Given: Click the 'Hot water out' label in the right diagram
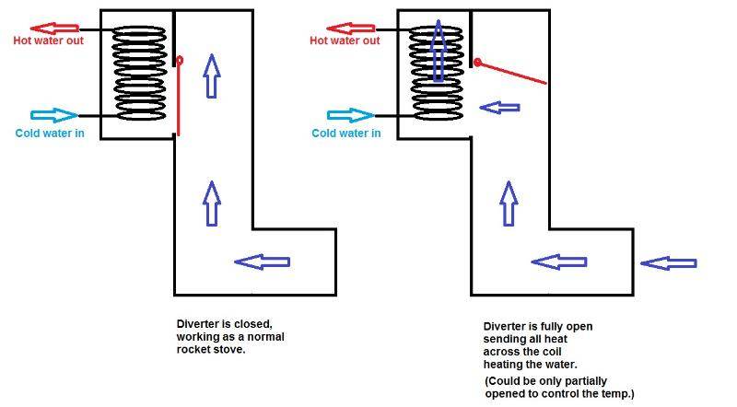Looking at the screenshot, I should [345, 41].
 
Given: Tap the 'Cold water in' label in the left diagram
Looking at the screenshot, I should [51, 133].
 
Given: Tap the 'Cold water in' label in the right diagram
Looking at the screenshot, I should [346, 133].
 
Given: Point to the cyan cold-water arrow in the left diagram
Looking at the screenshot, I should [54, 116].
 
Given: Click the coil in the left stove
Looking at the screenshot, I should [140, 74].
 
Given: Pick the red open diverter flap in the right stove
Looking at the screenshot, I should [511, 73].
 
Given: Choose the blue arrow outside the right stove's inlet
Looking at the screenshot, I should [668, 263].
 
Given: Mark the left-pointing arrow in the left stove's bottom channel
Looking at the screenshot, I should [263, 262].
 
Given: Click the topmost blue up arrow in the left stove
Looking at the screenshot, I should [211, 76].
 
